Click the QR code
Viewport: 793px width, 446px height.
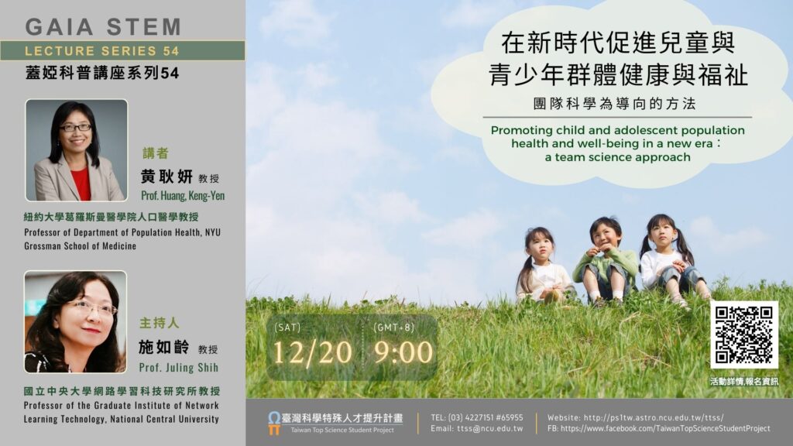744,334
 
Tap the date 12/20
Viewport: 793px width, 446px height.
313,352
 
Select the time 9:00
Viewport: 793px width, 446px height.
403,352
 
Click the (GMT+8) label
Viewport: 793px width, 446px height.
394,328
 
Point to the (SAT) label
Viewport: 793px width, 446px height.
287,328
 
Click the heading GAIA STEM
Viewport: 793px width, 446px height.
103,27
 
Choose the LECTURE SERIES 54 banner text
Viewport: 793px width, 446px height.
102,50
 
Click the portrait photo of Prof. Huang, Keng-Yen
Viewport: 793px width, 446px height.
77,150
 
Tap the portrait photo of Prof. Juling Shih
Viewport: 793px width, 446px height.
75,321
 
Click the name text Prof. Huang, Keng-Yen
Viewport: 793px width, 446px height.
183,196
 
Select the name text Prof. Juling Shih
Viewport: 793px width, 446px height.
179,368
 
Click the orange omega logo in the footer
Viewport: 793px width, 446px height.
274,423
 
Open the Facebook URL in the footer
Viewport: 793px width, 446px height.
665,428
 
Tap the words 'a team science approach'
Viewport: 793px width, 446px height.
617,157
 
